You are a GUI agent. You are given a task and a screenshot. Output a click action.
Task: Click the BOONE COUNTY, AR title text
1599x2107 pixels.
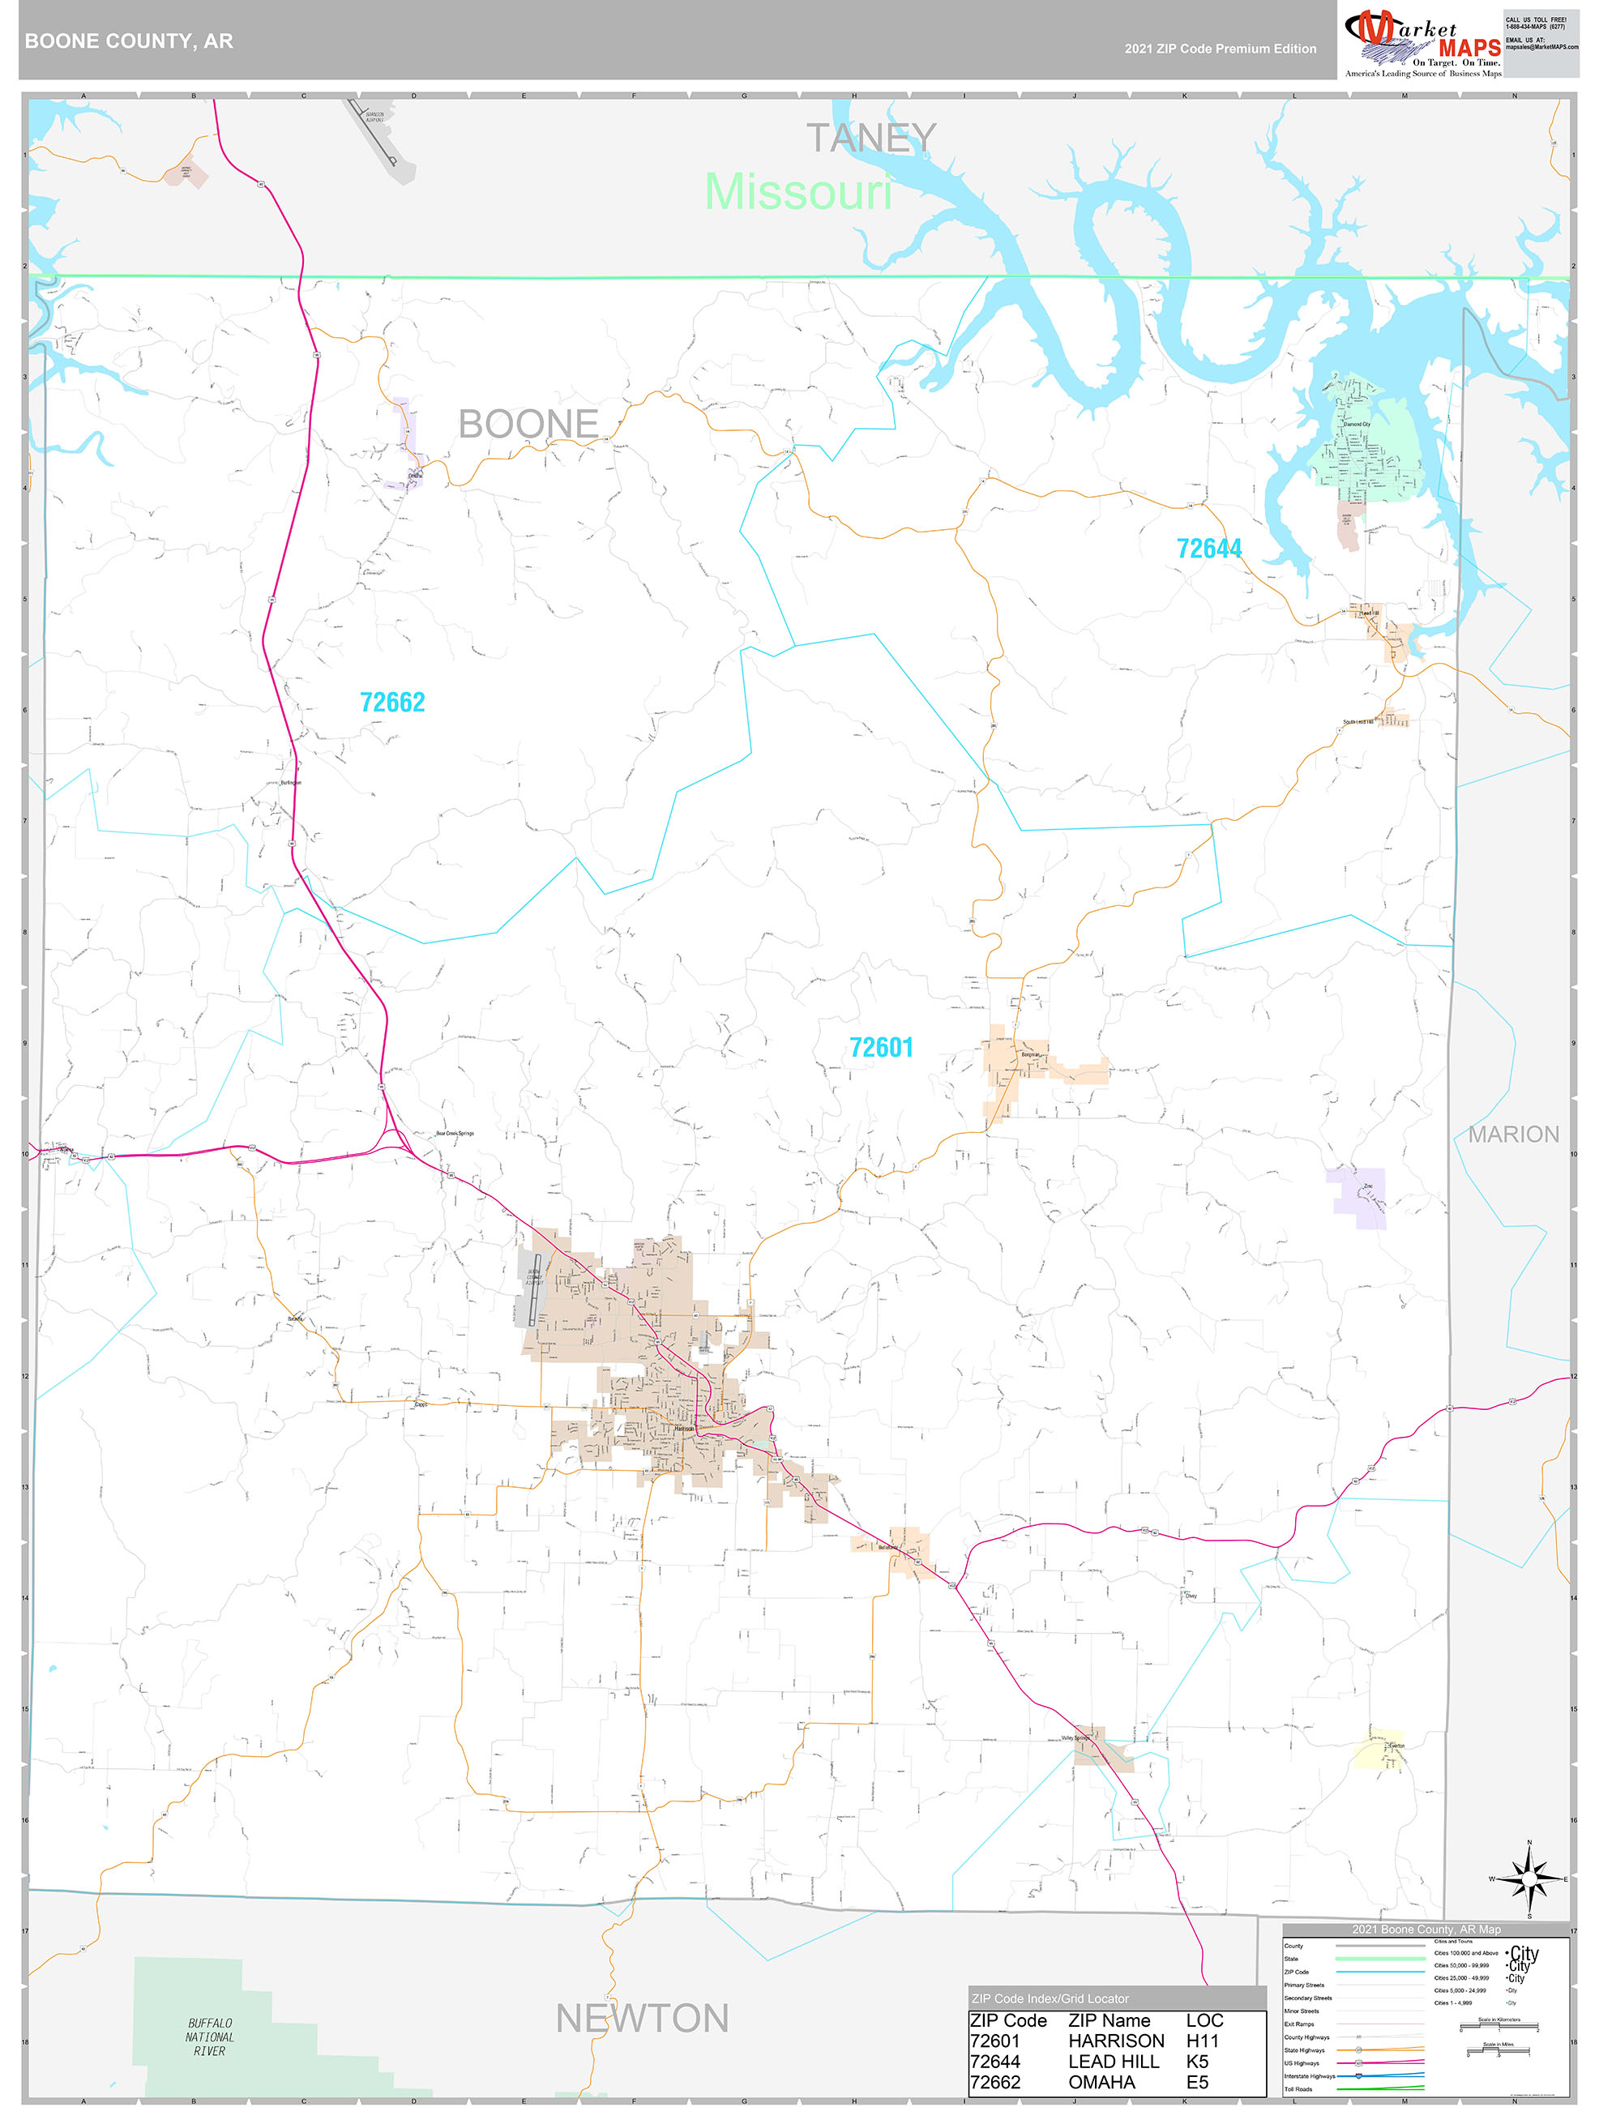pos(129,41)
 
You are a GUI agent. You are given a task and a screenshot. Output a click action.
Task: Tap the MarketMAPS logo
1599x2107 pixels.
pos(1422,43)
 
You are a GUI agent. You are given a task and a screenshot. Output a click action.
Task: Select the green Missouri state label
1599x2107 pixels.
pos(798,192)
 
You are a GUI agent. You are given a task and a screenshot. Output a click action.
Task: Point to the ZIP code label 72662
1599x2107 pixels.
pos(392,702)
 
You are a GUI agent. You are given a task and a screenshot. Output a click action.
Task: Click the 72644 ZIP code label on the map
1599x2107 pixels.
pos(1208,549)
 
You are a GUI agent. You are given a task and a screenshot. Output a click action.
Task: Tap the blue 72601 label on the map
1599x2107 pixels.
pos(881,1048)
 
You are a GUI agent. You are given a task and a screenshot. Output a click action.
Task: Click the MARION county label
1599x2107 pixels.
pos(1512,1135)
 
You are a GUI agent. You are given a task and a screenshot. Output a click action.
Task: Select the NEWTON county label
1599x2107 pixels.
pos(642,2019)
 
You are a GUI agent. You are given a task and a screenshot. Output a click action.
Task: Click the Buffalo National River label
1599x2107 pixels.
pos(210,2036)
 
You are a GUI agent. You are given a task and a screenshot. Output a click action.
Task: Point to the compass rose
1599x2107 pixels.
pos(1529,1878)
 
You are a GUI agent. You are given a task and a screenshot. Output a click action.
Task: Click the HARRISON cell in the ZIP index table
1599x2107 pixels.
pos(1115,2041)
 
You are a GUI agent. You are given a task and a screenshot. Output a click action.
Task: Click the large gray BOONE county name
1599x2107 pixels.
pos(528,424)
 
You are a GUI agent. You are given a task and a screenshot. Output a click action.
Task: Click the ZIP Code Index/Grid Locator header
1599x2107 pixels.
pos(1050,1998)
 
